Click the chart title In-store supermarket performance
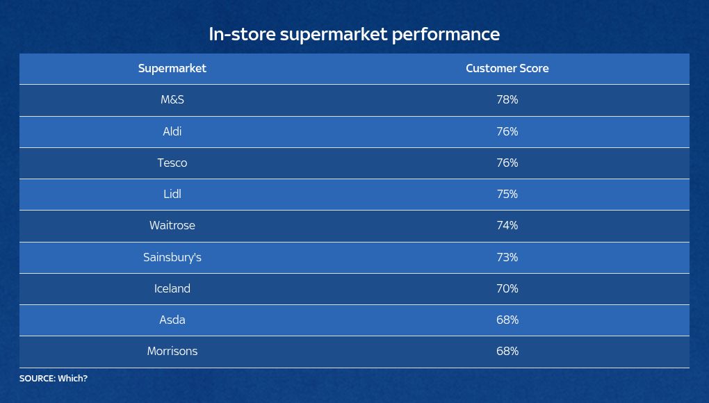[x=354, y=34]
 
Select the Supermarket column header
[x=172, y=68]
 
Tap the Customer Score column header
[x=507, y=68]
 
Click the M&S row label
[x=172, y=100]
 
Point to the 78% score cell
[x=507, y=100]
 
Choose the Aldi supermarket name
[x=172, y=131]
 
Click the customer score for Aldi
[x=507, y=131]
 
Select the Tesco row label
[x=172, y=163]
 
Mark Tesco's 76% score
[x=507, y=163]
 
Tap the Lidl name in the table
[x=172, y=194]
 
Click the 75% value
[x=507, y=194]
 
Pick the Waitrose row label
[x=172, y=225]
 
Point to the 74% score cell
[x=507, y=225]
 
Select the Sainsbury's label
[x=172, y=257]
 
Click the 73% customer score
[x=507, y=257]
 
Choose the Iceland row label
[x=172, y=288]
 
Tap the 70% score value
[x=507, y=288]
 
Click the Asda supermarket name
[x=172, y=320]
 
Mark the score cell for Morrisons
[x=507, y=351]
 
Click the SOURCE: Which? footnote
[x=54, y=379]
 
